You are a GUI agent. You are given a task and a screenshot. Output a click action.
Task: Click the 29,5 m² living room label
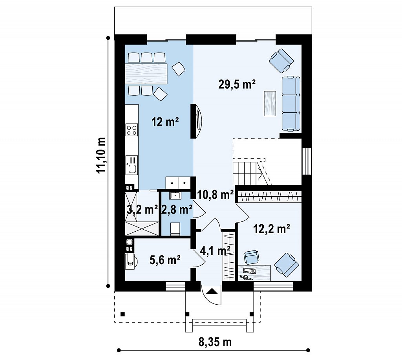(237, 84)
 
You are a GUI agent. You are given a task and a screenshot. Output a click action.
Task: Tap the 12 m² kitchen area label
(165, 122)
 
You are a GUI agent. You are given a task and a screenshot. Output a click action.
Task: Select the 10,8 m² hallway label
(216, 195)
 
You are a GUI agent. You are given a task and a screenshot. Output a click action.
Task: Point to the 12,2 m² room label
(272, 229)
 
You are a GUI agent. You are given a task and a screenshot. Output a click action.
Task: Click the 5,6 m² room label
(165, 260)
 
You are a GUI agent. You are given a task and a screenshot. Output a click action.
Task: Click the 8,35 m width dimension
(215, 342)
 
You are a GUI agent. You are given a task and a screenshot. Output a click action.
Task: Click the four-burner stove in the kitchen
(132, 130)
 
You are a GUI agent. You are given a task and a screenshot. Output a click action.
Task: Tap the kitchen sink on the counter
(132, 165)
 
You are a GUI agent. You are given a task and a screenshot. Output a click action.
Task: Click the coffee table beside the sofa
(270, 103)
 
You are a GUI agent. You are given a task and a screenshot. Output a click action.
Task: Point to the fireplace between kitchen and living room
(197, 121)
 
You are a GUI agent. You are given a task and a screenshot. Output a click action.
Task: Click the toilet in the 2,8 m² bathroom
(175, 229)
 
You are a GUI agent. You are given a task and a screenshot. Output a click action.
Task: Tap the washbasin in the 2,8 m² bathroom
(175, 196)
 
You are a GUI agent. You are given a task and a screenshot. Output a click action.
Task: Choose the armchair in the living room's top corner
(281, 60)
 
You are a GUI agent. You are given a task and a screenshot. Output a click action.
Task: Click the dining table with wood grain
(146, 73)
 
